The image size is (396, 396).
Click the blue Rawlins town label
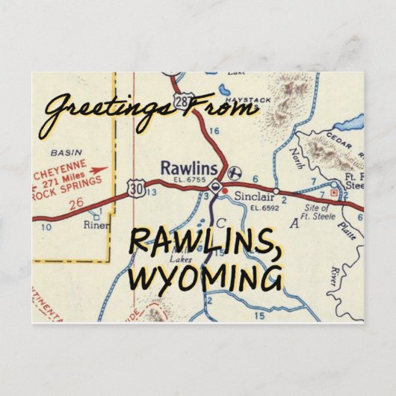(182, 167)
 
